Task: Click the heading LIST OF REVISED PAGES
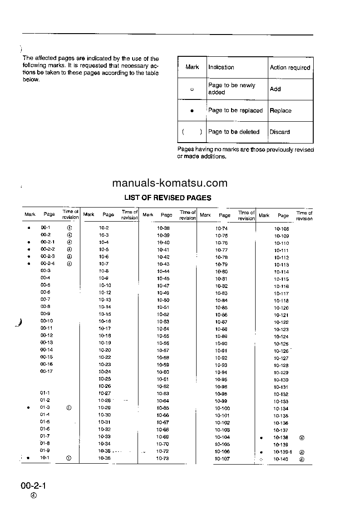click(168, 198)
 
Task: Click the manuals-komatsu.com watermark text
click(169, 183)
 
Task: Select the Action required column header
click(290, 68)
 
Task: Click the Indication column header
click(221, 67)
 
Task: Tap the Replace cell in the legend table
click(281, 110)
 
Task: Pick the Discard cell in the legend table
click(280, 132)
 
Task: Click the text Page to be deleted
click(234, 132)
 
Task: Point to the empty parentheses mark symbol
click(192, 132)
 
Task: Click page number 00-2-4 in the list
click(47, 263)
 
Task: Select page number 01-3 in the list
click(45, 407)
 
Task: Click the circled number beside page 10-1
click(69, 458)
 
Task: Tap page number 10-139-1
click(283, 452)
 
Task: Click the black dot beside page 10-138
click(261, 438)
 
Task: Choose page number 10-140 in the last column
click(281, 459)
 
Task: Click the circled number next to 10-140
click(302, 459)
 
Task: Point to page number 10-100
click(222, 408)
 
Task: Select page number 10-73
click(163, 459)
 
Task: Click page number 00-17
click(46, 371)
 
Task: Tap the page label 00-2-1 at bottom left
click(34, 486)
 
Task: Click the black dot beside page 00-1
click(28, 228)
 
